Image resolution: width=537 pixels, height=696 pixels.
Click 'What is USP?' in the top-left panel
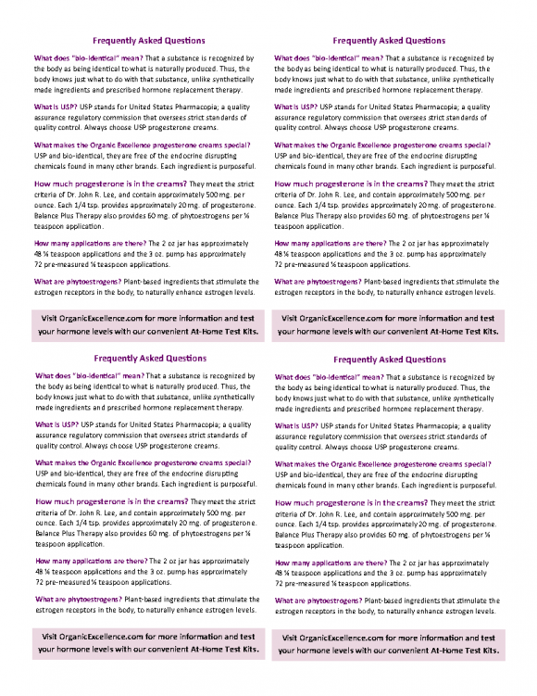[x=56, y=108]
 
